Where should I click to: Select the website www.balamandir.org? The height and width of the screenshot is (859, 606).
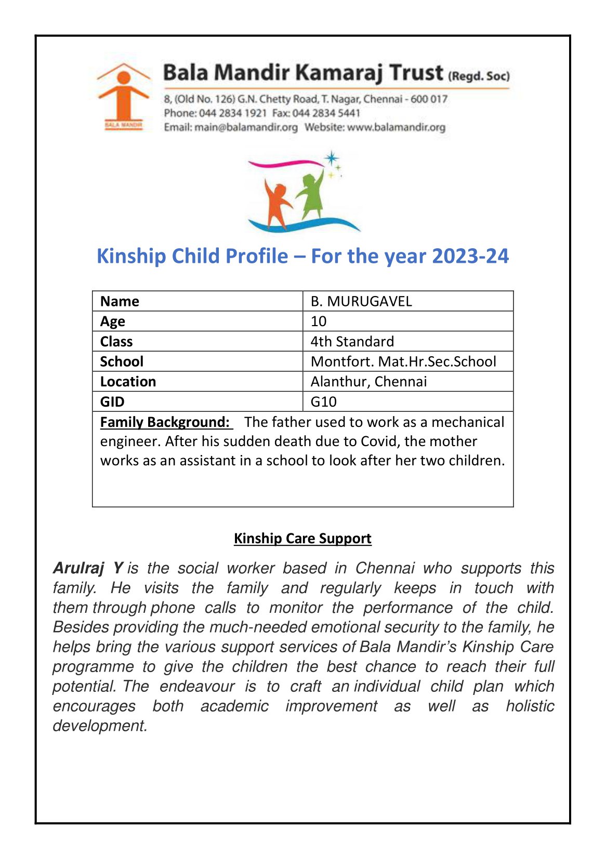click(396, 127)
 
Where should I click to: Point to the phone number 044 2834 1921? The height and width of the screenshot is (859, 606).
click(233, 113)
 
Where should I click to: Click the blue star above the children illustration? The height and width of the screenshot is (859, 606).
click(331, 158)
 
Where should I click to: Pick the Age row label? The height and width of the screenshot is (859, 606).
click(113, 321)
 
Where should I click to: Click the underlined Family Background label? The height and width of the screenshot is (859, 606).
click(165, 422)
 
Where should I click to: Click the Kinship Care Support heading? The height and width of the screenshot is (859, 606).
click(302, 539)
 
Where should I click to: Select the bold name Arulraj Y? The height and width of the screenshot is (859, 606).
click(88, 568)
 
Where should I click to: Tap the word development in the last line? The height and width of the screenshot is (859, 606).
click(99, 726)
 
